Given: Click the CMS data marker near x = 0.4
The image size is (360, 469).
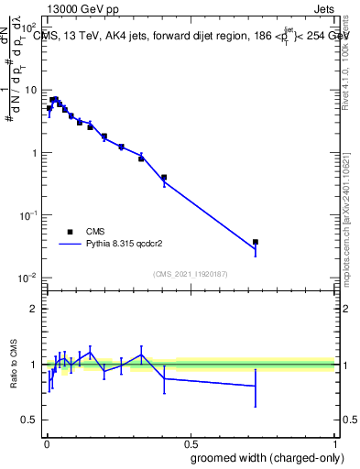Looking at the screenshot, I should tap(164, 178).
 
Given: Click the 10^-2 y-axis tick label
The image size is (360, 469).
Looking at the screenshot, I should tap(28, 278).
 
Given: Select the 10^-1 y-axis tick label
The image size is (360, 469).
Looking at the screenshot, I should tap(28, 215).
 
